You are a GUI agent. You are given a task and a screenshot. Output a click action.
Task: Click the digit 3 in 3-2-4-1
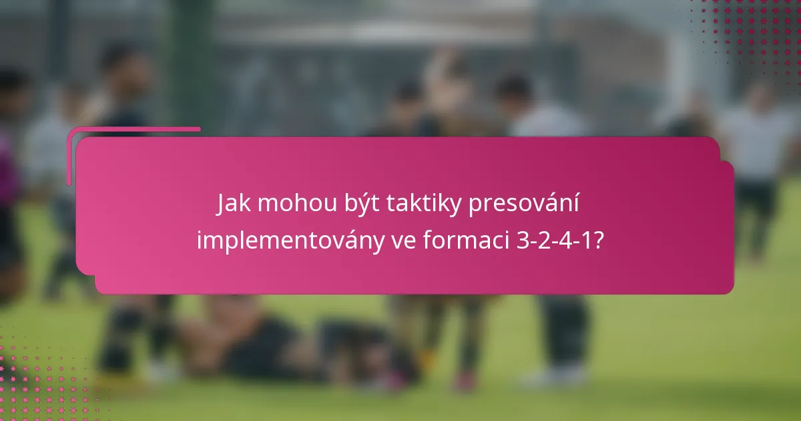523,241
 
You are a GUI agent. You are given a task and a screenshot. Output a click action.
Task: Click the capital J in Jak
222,205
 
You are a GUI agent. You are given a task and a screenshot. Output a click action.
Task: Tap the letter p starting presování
475,207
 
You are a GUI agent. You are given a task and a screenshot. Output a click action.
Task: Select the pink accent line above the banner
133,130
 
